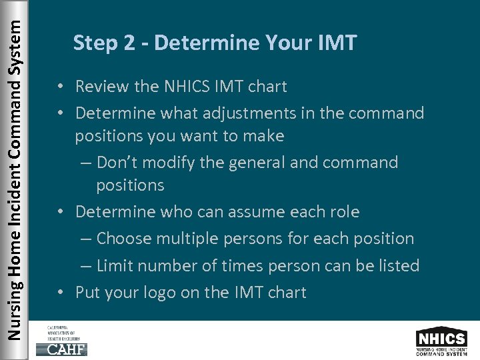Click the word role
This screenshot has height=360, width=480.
click(344, 212)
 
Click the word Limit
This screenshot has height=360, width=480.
click(115, 265)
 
